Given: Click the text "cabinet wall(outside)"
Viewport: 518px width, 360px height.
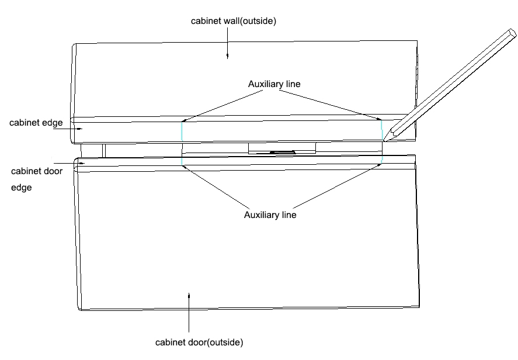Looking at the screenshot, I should point(234,21).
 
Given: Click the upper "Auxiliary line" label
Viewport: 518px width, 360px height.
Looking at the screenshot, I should point(274,84).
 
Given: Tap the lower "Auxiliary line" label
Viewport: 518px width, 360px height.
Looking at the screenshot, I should point(270,215).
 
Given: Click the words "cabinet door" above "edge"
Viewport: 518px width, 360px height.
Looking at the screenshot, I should point(37,172).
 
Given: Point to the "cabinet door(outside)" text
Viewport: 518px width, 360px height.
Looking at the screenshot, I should point(199,341).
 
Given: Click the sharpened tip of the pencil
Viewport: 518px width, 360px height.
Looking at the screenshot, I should point(386,139).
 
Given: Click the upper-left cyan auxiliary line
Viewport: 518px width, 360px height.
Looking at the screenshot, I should point(182,130).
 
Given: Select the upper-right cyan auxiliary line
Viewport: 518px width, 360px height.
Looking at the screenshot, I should point(382,130).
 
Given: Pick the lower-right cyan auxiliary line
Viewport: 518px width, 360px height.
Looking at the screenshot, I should point(382,160).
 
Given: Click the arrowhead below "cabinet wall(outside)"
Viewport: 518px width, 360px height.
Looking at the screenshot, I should point(228,56).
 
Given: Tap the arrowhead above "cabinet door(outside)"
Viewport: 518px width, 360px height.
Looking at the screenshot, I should point(189,296).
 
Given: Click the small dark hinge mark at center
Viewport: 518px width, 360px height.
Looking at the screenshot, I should point(282,153).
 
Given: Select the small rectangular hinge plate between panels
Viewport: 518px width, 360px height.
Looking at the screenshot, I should point(282,148).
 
